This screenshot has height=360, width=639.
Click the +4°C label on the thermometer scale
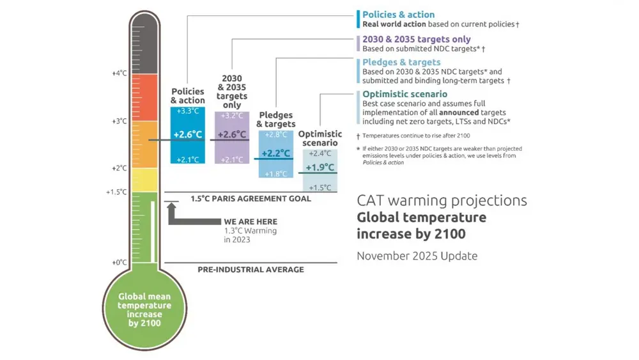tap(119, 74)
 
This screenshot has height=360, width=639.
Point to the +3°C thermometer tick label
tap(119, 121)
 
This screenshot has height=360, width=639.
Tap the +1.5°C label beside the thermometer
tap(117, 192)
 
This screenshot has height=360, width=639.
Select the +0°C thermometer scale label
tap(119, 262)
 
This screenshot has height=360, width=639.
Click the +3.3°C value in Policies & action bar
tap(188, 111)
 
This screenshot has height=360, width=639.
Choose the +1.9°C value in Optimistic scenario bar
tap(320, 168)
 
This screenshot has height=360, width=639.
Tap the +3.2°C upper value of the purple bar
tap(232, 116)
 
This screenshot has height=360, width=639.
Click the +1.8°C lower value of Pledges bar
tap(275, 173)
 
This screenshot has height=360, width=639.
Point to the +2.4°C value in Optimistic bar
tap(320, 153)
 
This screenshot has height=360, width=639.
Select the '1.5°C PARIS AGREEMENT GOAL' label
tap(250, 199)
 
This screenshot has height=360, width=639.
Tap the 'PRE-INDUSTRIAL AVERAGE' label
tap(250, 269)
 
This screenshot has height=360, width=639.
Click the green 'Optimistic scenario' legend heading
tap(404, 94)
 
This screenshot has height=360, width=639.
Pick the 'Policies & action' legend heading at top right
tap(398, 15)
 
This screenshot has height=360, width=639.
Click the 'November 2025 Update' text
tap(417, 256)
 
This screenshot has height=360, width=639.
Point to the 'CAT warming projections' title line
tap(442, 200)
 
